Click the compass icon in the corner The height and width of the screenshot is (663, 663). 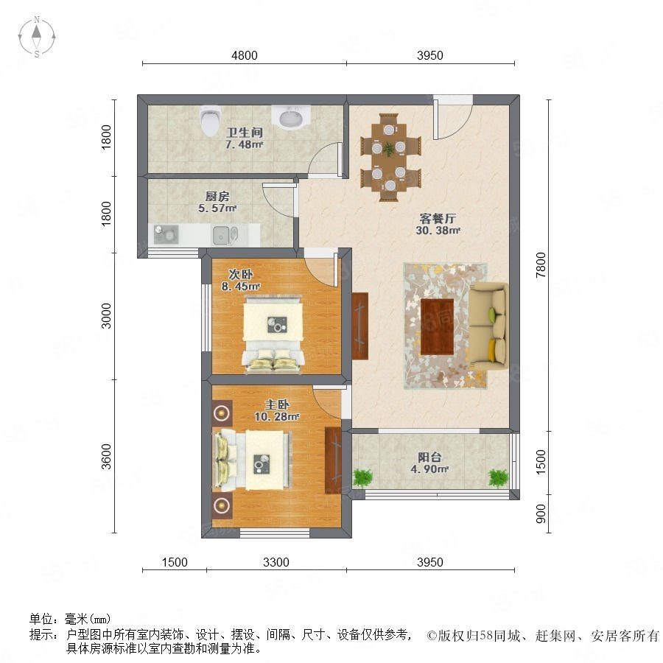[x=37, y=37]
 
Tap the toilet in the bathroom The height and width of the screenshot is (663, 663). [x=211, y=121]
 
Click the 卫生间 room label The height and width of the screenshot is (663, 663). [x=245, y=133]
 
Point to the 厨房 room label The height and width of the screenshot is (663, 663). [x=217, y=196]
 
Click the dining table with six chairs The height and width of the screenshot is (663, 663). [x=390, y=157]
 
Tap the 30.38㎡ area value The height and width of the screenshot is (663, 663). [x=438, y=231]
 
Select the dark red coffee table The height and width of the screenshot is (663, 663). [x=437, y=326]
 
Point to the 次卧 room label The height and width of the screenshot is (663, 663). [x=241, y=274]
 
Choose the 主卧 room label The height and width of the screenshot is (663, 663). [x=277, y=404]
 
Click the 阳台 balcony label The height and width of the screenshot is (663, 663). [x=429, y=457]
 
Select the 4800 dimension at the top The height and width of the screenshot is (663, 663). [x=245, y=55]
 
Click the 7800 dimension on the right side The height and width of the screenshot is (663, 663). [x=541, y=264]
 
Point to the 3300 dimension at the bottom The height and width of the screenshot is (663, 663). [x=276, y=562]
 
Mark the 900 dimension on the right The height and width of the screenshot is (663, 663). [x=541, y=513]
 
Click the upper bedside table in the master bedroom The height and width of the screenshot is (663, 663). [x=222, y=413]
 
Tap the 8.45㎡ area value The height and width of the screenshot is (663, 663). [x=241, y=287]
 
